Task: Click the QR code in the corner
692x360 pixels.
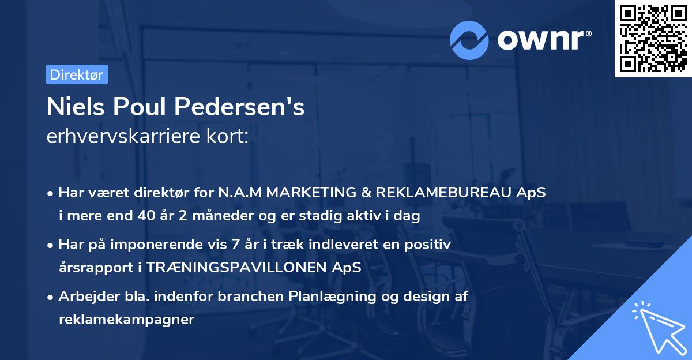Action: click(x=653, y=39)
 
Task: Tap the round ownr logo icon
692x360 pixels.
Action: click(x=469, y=40)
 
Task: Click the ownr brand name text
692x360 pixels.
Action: click(x=544, y=40)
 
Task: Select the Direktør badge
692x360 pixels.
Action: click(x=77, y=74)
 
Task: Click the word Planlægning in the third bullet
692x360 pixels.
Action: click(x=336, y=297)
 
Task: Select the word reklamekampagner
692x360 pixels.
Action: click(x=126, y=320)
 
